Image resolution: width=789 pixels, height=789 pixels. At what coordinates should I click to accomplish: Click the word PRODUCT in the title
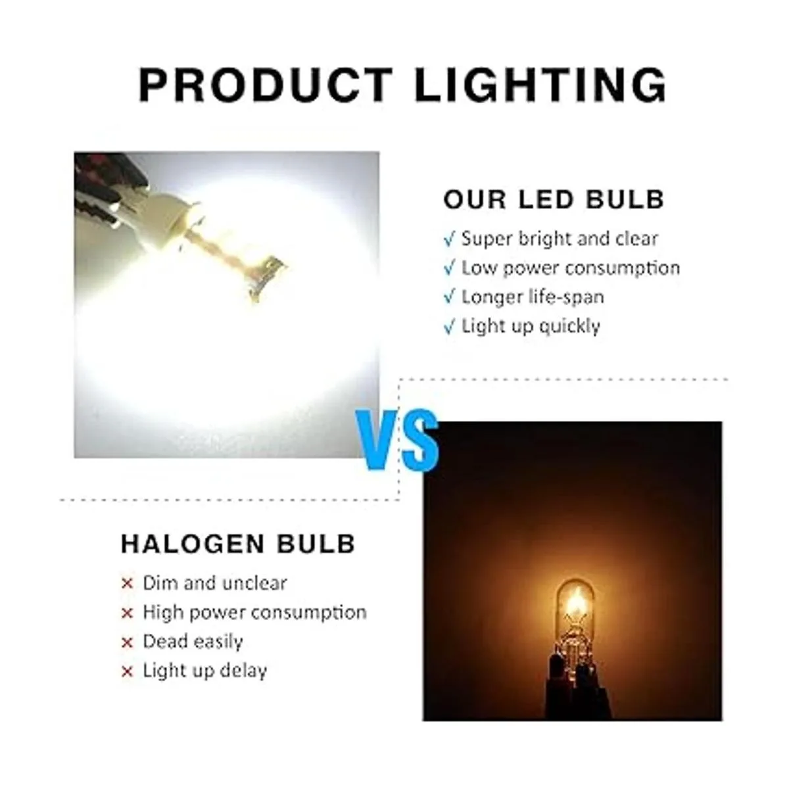[266, 85]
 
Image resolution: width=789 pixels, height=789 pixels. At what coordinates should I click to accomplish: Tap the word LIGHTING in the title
[540, 85]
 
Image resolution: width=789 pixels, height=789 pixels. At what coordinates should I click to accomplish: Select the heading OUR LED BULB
[554, 200]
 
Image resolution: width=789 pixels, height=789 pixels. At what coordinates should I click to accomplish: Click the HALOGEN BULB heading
[238, 544]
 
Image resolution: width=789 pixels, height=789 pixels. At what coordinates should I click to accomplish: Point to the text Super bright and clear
[560, 239]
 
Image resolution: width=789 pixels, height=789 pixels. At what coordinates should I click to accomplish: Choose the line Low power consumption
[571, 269]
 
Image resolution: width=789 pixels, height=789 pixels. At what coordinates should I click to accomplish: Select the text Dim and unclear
[214, 583]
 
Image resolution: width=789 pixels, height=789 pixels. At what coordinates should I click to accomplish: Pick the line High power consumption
[254, 613]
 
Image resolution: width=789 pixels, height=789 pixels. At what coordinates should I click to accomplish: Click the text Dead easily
[193, 642]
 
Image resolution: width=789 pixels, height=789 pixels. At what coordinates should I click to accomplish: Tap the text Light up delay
[204, 671]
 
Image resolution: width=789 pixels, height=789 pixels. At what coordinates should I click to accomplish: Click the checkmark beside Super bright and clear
[449, 240]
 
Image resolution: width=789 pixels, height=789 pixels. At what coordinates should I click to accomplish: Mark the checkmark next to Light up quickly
[449, 328]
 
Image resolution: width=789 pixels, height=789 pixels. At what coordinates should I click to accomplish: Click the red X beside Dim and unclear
[128, 584]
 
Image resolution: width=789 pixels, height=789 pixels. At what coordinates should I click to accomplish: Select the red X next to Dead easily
[128, 643]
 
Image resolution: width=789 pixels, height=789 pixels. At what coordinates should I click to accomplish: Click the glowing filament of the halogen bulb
[575, 606]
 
